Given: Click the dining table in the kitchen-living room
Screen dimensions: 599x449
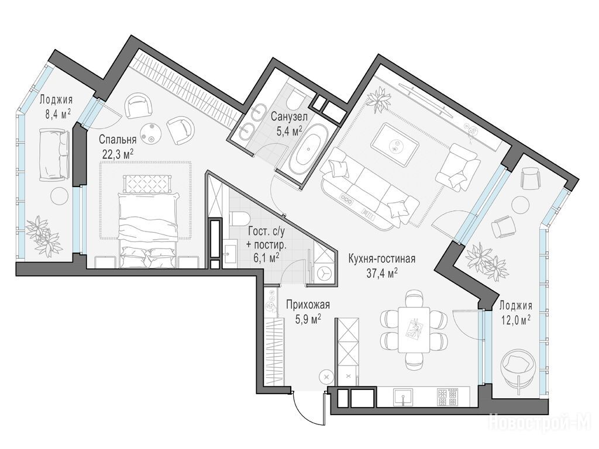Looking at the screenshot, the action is click(414, 330).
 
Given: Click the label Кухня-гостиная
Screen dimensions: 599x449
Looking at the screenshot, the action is click(381, 259).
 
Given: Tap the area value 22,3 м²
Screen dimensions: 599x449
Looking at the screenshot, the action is click(118, 154).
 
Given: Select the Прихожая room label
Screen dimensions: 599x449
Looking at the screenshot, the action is click(308, 305).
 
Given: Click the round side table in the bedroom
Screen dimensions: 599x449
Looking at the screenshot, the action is click(149, 132).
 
